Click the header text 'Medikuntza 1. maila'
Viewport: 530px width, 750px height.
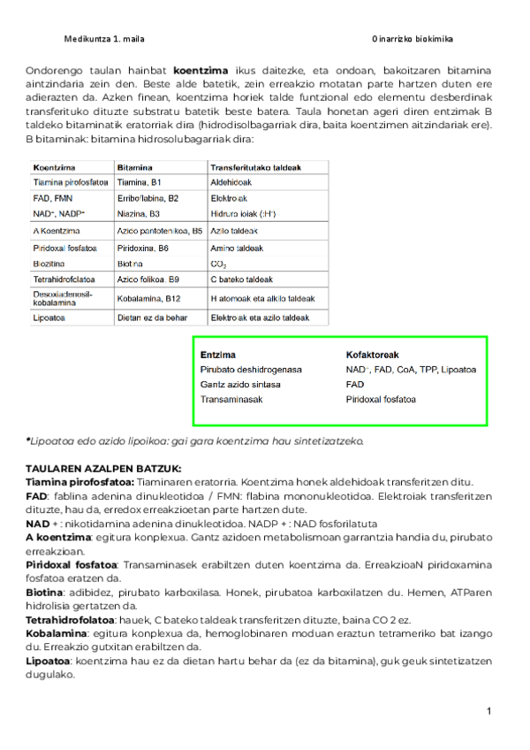tap(104, 40)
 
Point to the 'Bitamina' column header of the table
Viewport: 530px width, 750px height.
tap(135, 166)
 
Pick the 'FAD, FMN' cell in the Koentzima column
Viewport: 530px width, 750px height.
tap(52, 198)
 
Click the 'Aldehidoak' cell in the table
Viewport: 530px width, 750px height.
tap(231, 182)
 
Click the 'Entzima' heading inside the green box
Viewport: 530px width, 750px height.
tap(218, 355)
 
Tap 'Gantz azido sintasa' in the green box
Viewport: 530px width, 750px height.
tap(241, 385)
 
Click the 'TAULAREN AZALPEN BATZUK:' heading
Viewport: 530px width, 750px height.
tap(103, 468)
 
